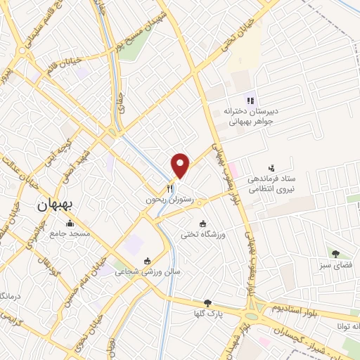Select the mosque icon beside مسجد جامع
[x=70, y=224]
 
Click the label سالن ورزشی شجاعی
[x=137, y=270]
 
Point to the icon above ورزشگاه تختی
[x=203, y=224]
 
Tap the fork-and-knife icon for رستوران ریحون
[x=169, y=188]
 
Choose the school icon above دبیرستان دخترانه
[x=250, y=100]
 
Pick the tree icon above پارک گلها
[x=207, y=302]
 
